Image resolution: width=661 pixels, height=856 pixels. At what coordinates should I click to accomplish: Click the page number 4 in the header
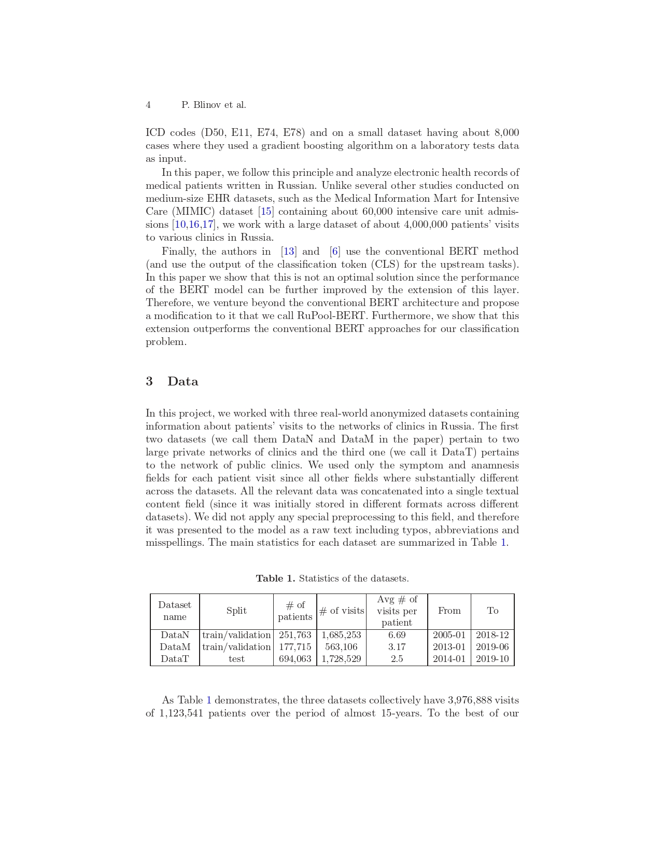pyautogui.click(x=148, y=105)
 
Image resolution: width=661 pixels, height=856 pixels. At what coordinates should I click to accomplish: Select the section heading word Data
pyautogui.click(x=182, y=382)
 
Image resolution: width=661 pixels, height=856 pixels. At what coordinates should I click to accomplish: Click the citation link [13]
pyautogui.click(x=288, y=252)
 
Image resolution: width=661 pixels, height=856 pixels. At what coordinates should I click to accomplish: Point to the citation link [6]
pyautogui.click(x=335, y=252)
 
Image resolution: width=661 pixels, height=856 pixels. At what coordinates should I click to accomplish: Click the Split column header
pyautogui.click(x=236, y=611)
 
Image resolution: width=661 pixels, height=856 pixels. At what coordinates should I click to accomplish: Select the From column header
pyautogui.click(x=449, y=611)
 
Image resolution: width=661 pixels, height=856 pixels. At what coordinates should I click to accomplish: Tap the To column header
pyautogui.click(x=493, y=611)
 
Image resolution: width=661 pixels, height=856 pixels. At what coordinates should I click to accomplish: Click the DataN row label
pyautogui.click(x=175, y=635)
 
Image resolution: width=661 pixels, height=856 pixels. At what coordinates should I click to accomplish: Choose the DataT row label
pyautogui.click(x=175, y=659)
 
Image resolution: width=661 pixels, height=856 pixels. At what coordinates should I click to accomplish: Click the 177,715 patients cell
pyautogui.click(x=295, y=647)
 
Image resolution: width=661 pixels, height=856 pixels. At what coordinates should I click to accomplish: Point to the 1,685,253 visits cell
pyautogui.click(x=341, y=635)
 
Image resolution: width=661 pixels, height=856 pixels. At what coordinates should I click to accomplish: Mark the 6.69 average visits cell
pyautogui.click(x=397, y=635)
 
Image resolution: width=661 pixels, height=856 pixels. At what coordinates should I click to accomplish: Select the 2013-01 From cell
pyautogui.click(x=449, y=647)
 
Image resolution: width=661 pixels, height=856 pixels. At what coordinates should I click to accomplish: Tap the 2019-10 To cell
pyautogui.click(x=493, y=659)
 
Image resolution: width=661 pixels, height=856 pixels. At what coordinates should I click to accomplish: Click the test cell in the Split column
pyautogui.click(x=236, y=659)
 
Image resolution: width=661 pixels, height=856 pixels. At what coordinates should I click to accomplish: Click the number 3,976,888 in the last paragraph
pyautogui.click(x=470, y=700)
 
